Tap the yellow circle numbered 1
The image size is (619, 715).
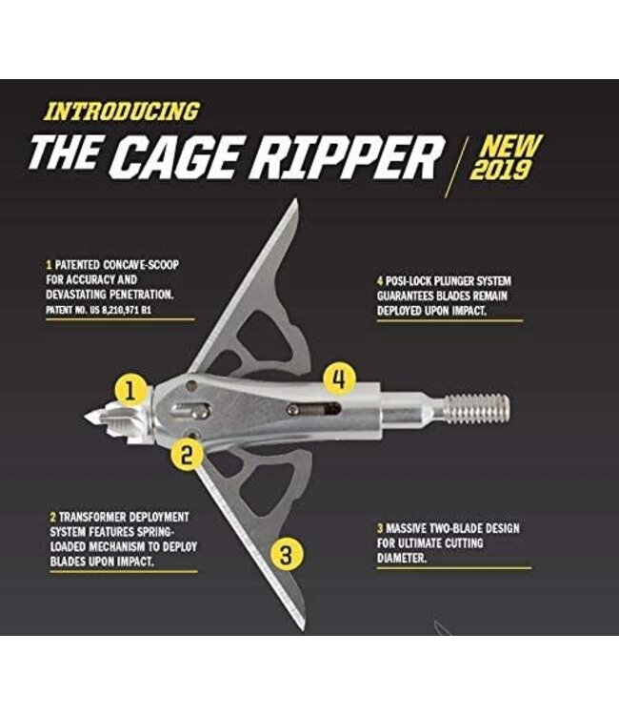[x=132, y=389]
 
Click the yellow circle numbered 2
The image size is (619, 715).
[x=188, y=455]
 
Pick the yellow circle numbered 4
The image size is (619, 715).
[x=339, y=378]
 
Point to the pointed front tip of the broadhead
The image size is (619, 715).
[x=89, y=417]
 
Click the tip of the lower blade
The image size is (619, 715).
[x=303, y=626]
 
